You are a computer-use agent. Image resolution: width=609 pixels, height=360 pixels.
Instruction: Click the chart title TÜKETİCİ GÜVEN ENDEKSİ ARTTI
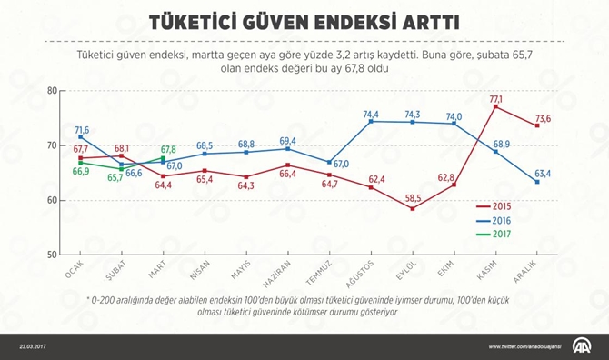pyautogui.click(x=304, y=19)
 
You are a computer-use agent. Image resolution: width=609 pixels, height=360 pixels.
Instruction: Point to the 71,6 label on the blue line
pyautogui.click(x=81, y=130)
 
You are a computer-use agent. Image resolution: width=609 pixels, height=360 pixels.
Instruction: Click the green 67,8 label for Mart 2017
pyautogui.click(x=167, y=150)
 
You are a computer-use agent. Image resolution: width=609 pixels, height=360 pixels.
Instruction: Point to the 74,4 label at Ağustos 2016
pyautogui.click(x=371, y=115)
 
